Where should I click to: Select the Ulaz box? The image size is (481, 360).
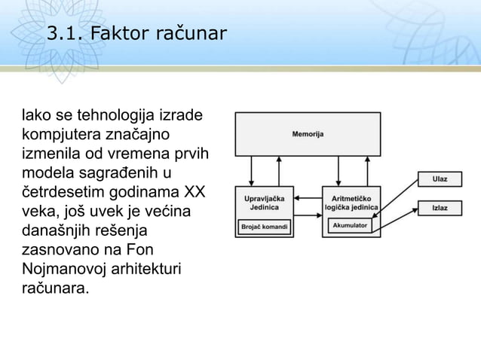coord(439,179)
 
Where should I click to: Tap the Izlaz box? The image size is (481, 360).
coord(439,206)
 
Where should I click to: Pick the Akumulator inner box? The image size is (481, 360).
coord(350,225)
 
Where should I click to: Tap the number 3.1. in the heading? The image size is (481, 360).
coord(66,34)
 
